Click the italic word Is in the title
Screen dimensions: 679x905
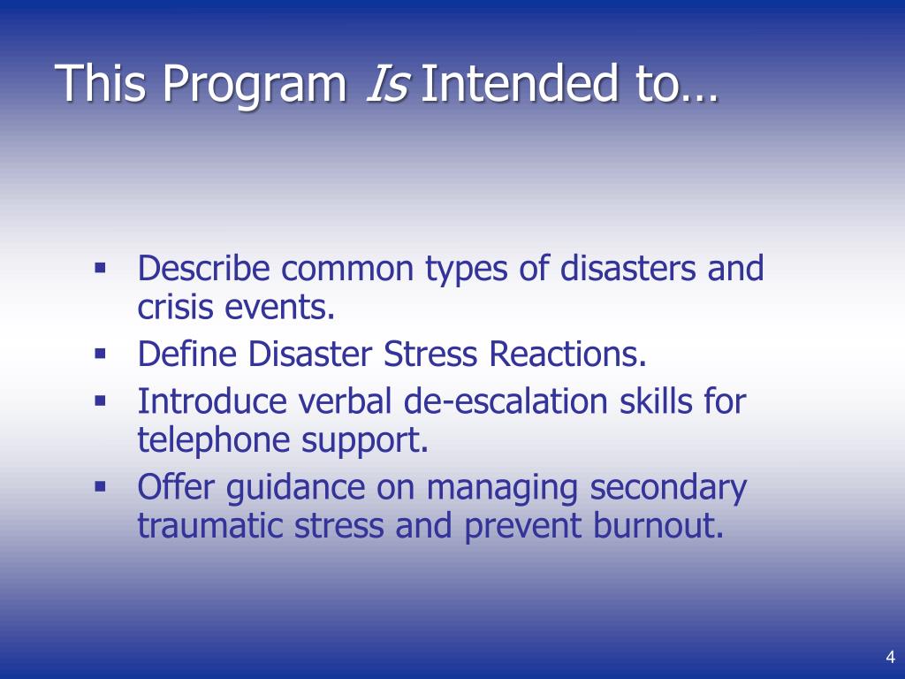(x=386, y=83)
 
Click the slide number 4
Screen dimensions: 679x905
(x=890, y=656)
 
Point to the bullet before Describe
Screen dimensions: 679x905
(x=100, y=265)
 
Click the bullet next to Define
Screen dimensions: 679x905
(x=100, y=353)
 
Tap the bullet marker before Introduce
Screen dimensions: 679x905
(x=100, y=400)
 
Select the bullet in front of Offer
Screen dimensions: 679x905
(x=100, y=484)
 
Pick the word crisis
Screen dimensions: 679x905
(x=175, y=308)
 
